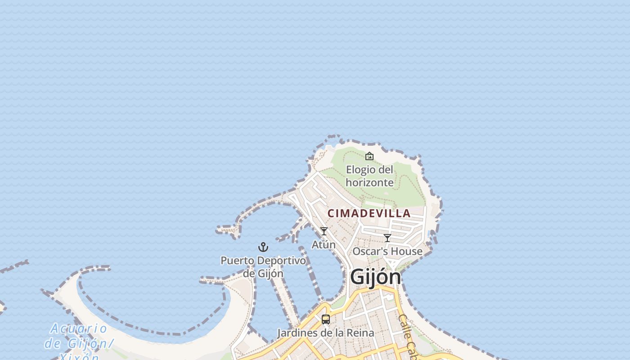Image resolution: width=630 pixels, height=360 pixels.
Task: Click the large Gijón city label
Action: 375,276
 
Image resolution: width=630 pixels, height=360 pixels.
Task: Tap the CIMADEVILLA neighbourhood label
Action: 369,213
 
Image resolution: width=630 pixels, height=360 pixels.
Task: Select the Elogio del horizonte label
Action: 369,176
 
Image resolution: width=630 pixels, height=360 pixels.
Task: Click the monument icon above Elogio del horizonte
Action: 369,156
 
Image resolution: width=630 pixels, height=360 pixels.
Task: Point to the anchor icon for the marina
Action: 263,247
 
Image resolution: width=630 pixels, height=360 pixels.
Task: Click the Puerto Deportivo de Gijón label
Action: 263,266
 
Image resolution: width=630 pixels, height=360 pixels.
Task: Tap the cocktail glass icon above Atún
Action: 324,231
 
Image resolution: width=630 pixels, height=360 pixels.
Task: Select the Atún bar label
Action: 324,244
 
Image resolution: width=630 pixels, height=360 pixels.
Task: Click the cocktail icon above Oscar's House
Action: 387,238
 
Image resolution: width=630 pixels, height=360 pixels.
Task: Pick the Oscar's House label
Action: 387,251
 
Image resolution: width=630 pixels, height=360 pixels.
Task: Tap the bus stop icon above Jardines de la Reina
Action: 326,319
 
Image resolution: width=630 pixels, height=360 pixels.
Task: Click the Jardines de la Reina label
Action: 325,333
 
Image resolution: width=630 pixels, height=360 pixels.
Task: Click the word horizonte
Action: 369,182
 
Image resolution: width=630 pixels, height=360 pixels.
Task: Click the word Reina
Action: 361,333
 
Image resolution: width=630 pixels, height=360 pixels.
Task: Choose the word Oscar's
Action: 367,251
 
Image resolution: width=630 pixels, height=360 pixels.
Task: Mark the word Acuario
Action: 79,328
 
